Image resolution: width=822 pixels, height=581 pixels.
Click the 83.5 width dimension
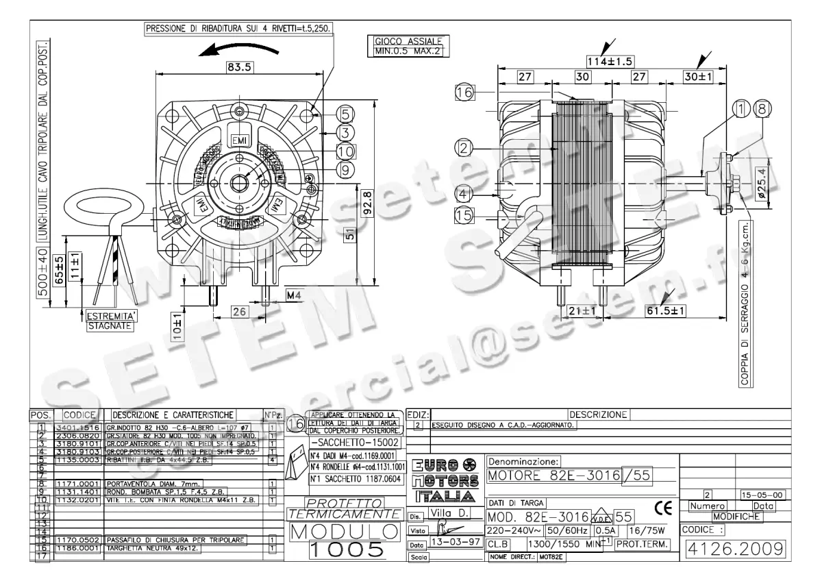(237, 67)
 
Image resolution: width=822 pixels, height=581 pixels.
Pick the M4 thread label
(294, 295)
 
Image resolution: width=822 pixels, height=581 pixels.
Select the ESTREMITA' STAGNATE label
(109, 321)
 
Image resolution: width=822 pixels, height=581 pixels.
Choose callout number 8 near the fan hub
(762, 108)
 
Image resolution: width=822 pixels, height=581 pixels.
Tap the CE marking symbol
(663, 508)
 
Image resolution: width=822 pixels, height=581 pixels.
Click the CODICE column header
(79, 415)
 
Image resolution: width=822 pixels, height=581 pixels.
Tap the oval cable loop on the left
(110, 206)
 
